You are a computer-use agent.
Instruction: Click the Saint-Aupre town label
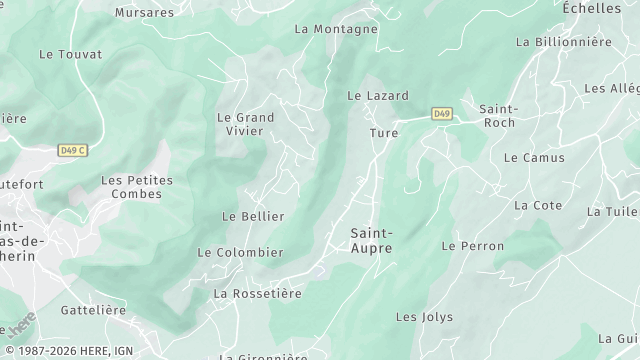click(x=371, y=240)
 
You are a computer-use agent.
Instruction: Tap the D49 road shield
click(x=442, y=114)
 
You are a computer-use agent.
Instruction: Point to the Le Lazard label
click(x=377, y=96)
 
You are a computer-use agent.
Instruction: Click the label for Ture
click(x=383, y=133)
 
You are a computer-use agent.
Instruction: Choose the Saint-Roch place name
click(x=497, y=115)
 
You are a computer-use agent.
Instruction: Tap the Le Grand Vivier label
click(x=245, y=123)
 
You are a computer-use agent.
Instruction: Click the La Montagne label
click(x=336, y=29)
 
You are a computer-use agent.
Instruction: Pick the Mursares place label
click(x=144, y=13)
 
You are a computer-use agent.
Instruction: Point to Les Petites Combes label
click(x=137, y=187)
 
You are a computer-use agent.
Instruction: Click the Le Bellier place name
click(x=253, y=216)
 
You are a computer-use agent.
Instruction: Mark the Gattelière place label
click(x=93, y=310)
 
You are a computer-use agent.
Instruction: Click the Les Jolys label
click(x=424, y=317)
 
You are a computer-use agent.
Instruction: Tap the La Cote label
click(x=538, y=205)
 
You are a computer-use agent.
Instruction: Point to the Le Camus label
click(x=534, y=158)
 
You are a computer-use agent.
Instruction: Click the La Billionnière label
click(x=563, y=42)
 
